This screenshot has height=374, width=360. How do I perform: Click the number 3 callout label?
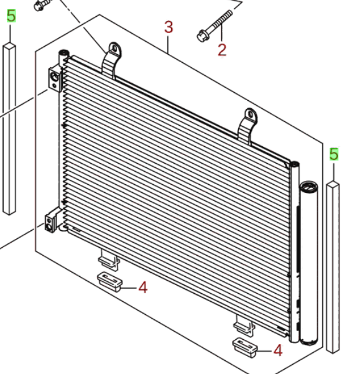(x=168, y=27)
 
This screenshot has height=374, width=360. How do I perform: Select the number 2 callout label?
(x=222, y=49)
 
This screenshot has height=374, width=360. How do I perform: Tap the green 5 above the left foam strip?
(x=11, y=16)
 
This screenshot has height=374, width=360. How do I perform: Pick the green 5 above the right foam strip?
(x=334, y=154)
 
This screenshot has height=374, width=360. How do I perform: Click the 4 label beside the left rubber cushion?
(x=142, y=288)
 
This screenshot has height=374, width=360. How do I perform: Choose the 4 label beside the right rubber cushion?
(x=277, y=351)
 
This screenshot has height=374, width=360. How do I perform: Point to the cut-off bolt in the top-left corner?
(x=41, y=6)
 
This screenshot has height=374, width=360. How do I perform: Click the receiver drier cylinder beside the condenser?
(x=309, y=261)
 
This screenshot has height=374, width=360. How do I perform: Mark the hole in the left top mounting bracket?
(x=114, y=48)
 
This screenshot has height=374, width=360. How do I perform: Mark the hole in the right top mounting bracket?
(x=250, y=115)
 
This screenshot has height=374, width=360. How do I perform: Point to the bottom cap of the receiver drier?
(x=308, y=339)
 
